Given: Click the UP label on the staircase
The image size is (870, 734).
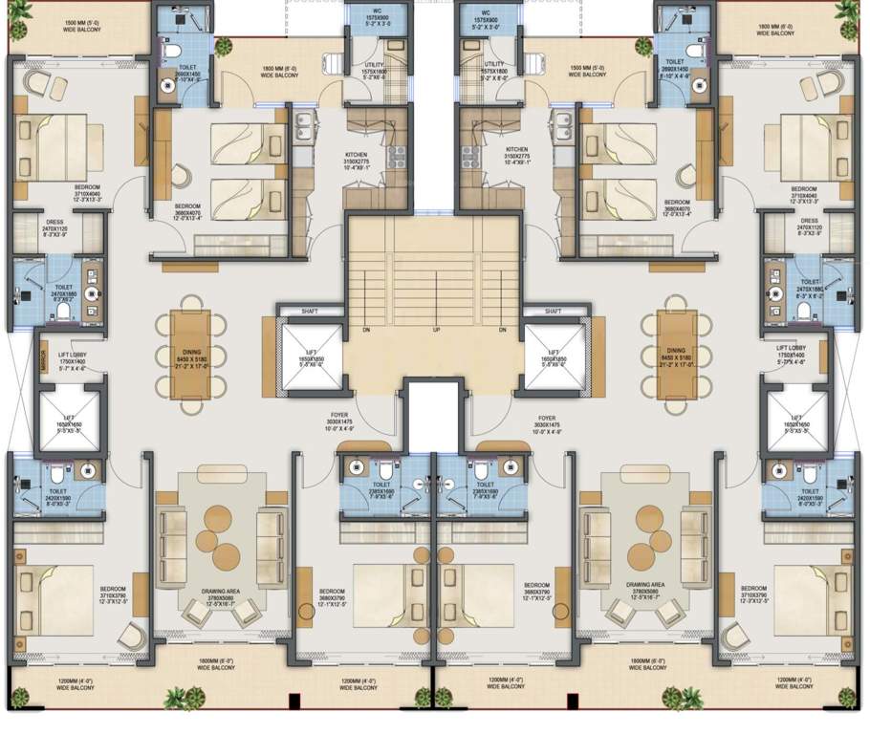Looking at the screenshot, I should (436, 331).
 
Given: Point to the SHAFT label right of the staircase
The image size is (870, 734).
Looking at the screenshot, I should (552, 312).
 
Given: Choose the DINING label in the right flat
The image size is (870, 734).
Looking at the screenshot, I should (676, 351).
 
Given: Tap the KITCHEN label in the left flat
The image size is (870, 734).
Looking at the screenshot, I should (357, 151).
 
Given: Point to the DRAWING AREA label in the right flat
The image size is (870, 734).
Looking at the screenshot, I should (645, 584).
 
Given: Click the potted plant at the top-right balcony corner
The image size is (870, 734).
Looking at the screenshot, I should (846, 10).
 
